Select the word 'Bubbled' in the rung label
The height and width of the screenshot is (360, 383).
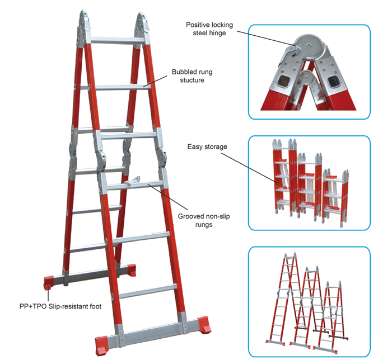[x=185, y=72]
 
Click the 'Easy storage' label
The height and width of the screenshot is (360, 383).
[x=207, y=147]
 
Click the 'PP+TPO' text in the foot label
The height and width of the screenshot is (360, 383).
[x=30, y=306]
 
